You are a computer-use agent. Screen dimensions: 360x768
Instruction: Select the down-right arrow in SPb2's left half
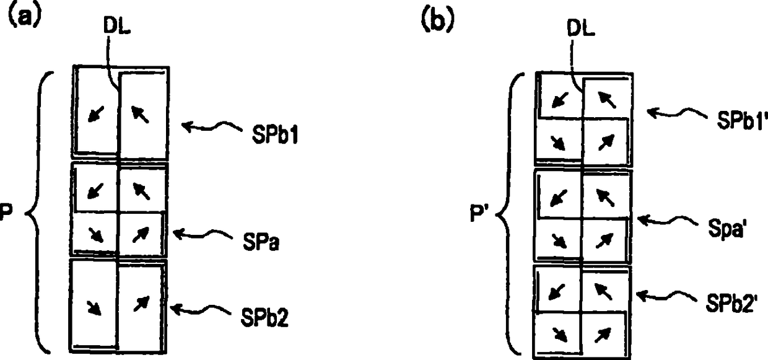click(95, 307)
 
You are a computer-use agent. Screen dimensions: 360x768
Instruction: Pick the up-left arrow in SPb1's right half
click(141, 114)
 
